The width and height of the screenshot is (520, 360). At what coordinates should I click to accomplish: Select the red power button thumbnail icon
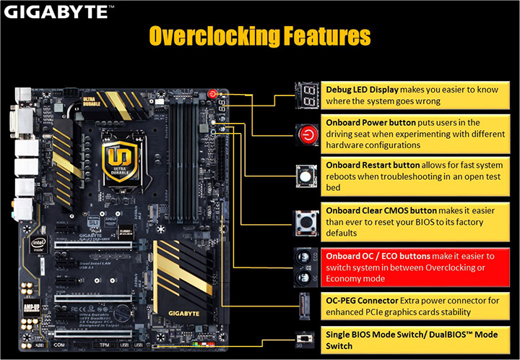click(305, 134)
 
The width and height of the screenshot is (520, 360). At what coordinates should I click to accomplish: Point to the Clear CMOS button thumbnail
click(305, 219)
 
